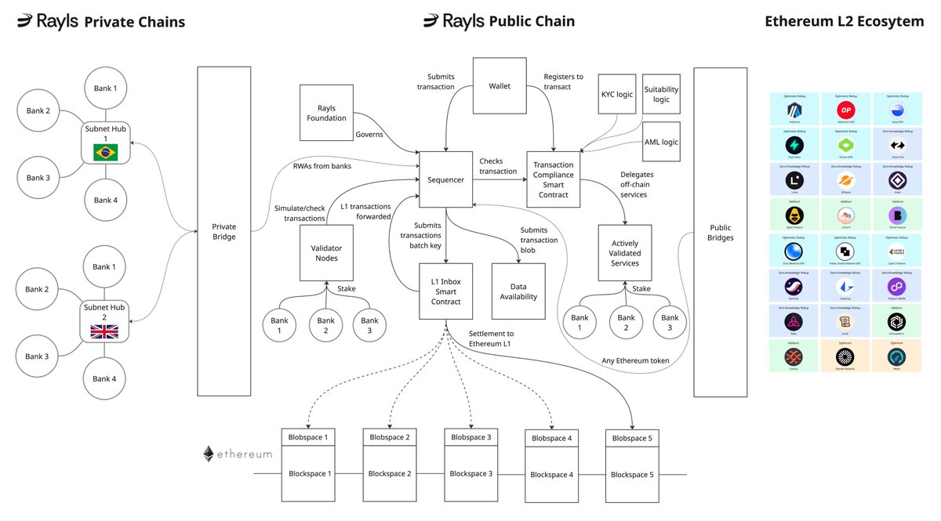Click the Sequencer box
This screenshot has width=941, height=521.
[446, 179]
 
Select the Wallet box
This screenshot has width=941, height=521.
[500, 85]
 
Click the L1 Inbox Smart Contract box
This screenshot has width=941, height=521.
[445, 291]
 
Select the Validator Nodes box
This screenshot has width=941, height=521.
[326, 252]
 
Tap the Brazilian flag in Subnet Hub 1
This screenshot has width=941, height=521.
[105, 153]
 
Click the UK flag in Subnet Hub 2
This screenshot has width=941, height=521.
[105, 332]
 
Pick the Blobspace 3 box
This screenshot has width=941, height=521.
[468, 436]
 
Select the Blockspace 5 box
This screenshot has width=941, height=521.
[631, 474]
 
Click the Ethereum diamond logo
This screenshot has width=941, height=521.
[209, 454]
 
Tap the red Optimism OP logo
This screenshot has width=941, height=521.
[845, 109]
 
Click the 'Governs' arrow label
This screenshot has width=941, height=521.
[369, 135]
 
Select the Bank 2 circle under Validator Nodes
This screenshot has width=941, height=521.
[326, 325]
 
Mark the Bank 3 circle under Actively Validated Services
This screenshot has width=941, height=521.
[670, 323]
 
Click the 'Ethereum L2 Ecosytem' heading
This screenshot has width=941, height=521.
[845, 21]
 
